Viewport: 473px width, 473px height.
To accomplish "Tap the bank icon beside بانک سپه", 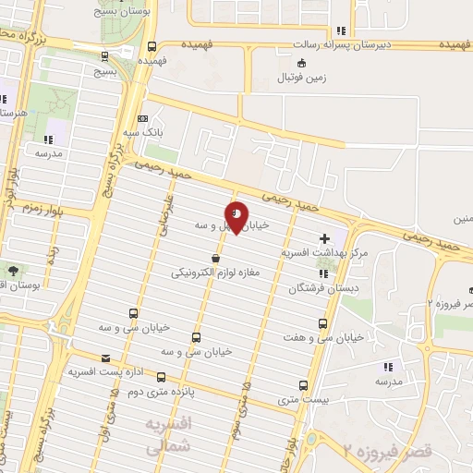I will click(142, 118).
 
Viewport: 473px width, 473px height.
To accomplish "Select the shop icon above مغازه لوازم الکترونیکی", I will click(215, 259).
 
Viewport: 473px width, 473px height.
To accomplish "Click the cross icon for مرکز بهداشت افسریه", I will click(324, 238).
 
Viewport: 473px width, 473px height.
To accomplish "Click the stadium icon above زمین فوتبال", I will click(302, 63).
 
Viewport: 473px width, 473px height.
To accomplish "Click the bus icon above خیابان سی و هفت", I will click(322, 324).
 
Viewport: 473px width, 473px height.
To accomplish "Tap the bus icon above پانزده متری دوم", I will click(162, 377).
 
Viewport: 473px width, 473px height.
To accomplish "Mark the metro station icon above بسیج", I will click(151, 48).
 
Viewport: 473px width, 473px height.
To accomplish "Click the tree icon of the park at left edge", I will click(14, 272).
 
